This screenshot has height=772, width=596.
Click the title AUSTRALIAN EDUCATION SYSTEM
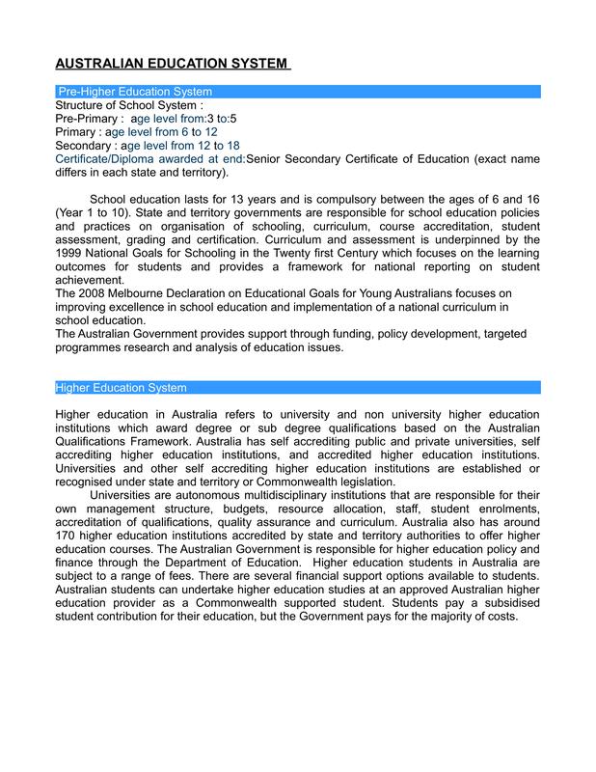point(172,64)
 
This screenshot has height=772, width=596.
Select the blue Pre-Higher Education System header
point(135,91)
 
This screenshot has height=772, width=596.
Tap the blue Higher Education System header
point(121,388)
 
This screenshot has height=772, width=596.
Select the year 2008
point(98,293)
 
